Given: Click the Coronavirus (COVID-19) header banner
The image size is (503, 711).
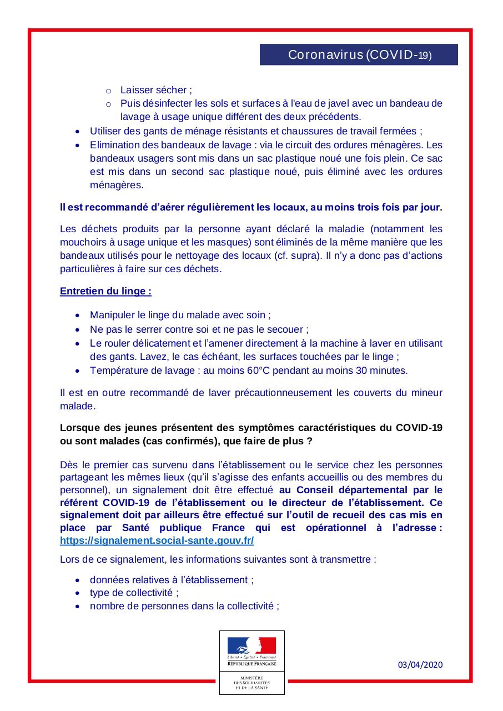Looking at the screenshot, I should click(359, 54).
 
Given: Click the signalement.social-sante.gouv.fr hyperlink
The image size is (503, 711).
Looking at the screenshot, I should click(157, 540).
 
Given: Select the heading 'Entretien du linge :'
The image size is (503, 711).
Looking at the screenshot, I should click(105, 291).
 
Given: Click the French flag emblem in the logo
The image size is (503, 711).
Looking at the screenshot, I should click(251, 645).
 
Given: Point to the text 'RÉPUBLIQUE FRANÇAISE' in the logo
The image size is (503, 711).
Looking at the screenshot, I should click(251, 664).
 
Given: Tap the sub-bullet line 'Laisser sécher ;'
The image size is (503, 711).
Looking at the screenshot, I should click(156, 89).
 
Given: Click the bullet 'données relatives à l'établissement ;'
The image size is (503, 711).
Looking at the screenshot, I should click(172, 580).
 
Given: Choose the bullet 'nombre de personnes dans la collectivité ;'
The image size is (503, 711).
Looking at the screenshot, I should click(184, 606).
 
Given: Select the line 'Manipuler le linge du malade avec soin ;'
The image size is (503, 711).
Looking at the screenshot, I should click(180, 315).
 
